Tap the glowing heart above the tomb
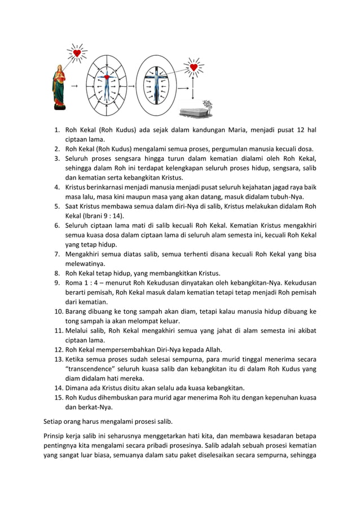[x=194, y=68]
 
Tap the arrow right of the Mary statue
[x=74, y=86]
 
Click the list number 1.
[x=57, y=130]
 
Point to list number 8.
[x=57, y=274]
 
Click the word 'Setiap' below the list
[x=54, y=420]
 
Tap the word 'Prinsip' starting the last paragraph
[x=56, y=436]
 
